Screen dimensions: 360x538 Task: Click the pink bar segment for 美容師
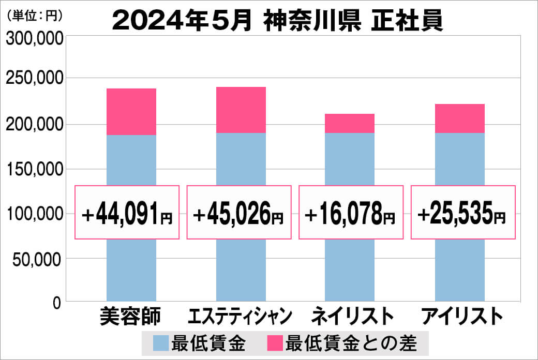(131, 112)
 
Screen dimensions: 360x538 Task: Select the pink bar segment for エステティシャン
(241, 110)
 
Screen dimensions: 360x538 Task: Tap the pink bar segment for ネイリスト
(350, 123)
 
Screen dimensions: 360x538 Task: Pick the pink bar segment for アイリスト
(459, 118)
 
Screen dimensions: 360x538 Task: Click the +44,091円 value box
(127, 213)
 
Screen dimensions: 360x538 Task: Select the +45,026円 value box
(239, 213)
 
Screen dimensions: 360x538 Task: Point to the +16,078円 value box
(351, 213)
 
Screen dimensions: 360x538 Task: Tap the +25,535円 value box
(463, 213)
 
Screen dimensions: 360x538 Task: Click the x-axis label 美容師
(130, 316)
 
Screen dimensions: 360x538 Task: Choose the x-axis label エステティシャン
(240, 316)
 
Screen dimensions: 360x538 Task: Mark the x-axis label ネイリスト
(350, 316)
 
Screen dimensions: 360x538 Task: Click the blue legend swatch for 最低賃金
(161, 343)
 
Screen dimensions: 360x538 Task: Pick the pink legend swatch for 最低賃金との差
(274, 343)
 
